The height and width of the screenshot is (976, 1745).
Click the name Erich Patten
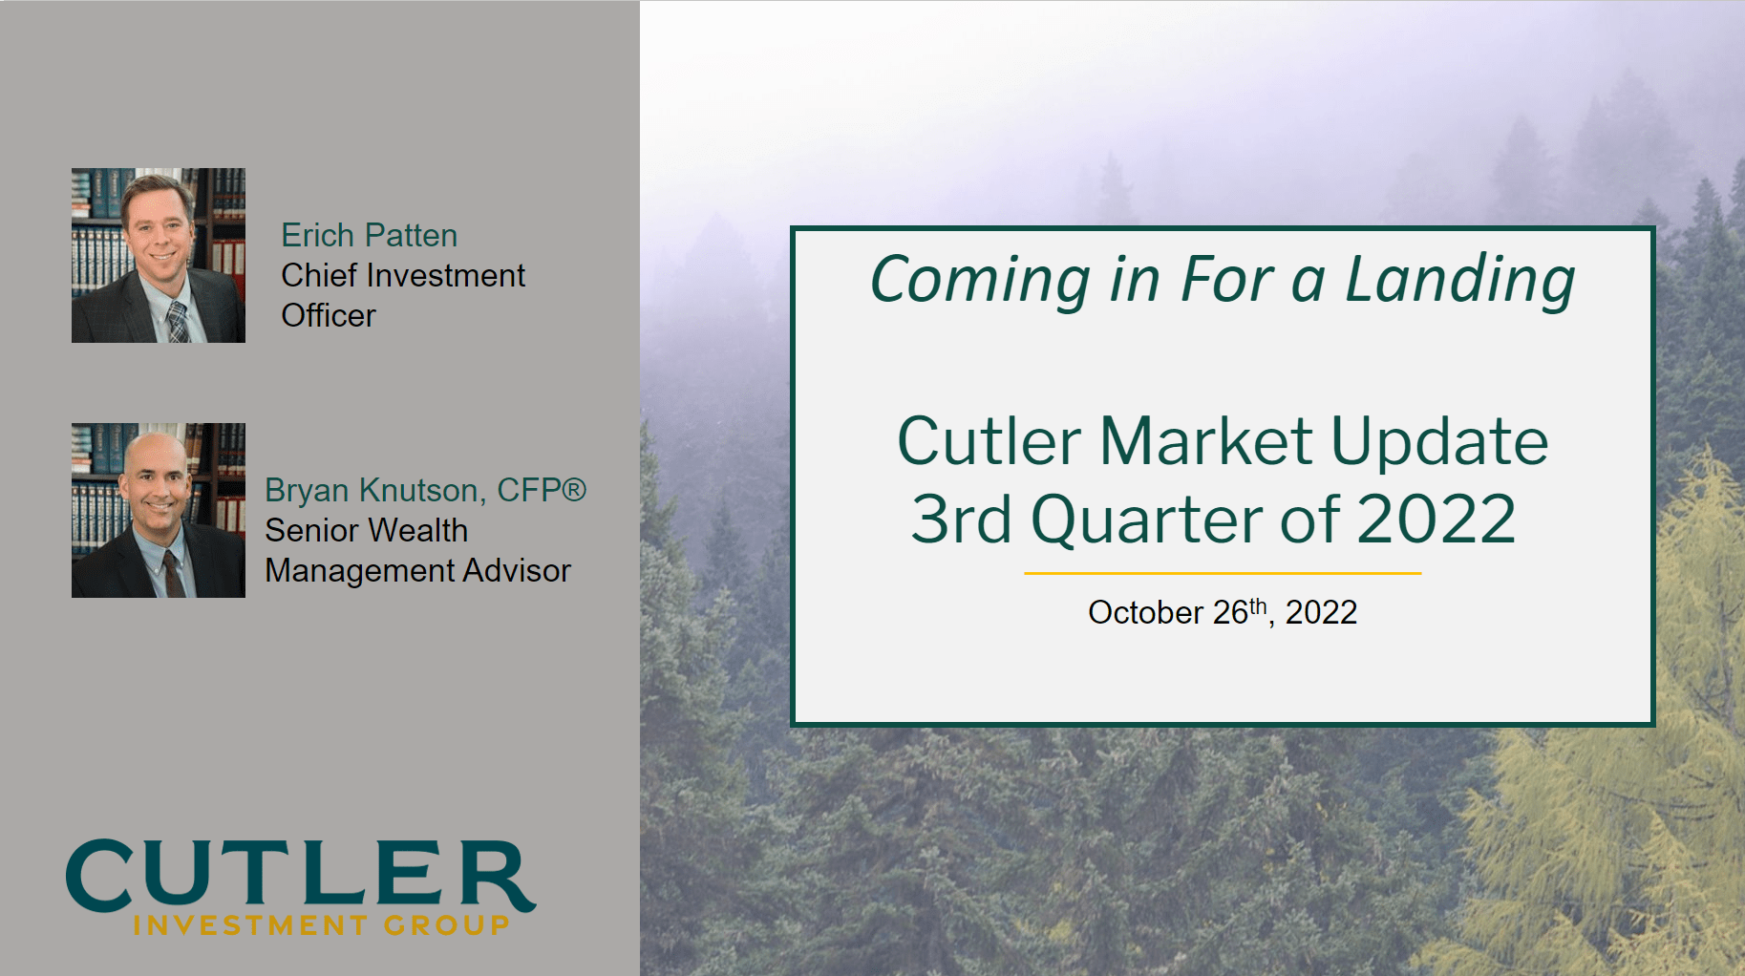(x=369, y=235)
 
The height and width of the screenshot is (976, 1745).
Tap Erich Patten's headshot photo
(x=159, y=255)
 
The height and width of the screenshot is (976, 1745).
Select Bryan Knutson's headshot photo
(x=159, y=510)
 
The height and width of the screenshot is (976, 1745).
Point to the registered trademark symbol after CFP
(x=573, y=489)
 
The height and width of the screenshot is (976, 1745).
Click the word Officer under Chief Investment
(x=329, y=315)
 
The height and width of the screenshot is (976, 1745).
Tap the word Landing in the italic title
(x=1459, y=281)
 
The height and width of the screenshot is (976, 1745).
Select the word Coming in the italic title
(x=980, y=281)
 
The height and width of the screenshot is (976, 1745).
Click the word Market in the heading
(x=1205, y=441)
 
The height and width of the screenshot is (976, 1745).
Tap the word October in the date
(x=1145, y=612)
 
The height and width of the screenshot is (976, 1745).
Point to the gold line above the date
(x=1223, y=573)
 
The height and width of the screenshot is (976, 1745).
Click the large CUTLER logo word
(x=300, y=874)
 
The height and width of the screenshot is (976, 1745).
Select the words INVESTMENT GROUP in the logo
(x=321, y=924)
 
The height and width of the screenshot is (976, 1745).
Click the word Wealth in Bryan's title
(x=419, y=530)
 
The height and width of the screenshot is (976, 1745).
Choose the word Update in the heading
(x=1439, y=441)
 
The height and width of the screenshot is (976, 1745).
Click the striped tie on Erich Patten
(x=178, y=323)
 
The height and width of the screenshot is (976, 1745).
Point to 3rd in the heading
(x=960, y=520)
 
